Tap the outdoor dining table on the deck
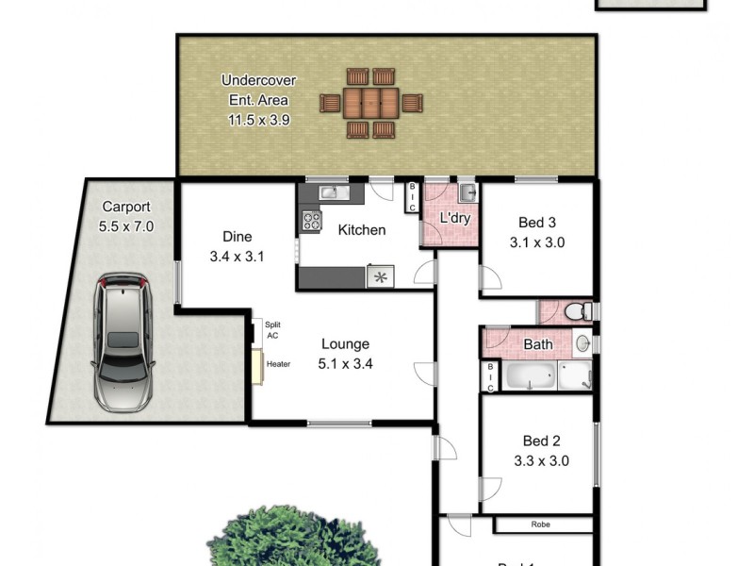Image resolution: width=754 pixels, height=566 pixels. click(370, 102)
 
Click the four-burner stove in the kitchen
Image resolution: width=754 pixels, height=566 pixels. click(310, 222)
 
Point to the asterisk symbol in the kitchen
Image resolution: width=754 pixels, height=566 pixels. click(381, 277)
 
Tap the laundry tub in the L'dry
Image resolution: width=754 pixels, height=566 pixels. click(468, 193)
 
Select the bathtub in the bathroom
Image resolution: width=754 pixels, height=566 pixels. click(530, 378)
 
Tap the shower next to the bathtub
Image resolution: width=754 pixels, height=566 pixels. click(575, 377)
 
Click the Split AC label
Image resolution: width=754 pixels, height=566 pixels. click(272, 329)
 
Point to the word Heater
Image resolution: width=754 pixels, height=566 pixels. click(278, 364)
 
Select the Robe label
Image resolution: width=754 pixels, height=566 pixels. click(540, 524)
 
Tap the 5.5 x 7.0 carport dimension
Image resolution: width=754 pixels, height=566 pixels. click(125, 226)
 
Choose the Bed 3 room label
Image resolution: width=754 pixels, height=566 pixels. click(537, 223)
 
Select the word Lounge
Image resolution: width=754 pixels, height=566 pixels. click(345, 344)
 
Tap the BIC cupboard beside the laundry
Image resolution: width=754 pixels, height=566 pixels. click(412, 196)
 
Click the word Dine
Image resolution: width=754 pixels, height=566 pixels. click(238, 237)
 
